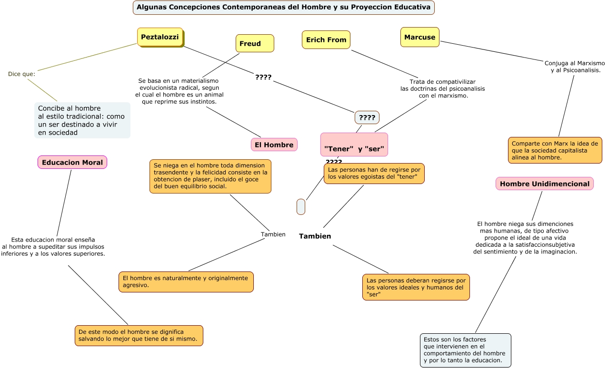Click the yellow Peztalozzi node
click(x=160, y=37)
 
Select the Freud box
click(x=255, y=43)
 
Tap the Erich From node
click(x=326, y=40)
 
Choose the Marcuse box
click(x=419, y=37)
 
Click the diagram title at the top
click(x=283, y=7)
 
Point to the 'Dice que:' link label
click(x=21, y=74)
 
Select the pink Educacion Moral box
click(x=72, y=162)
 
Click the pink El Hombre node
click(x=274, y=145)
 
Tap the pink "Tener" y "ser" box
click(x=354, y=145)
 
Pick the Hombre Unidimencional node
click(x=544, y=184)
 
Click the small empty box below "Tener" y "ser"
click(x=301, y=207)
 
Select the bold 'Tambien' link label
click(x=315, y=236)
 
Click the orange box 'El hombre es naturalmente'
click(x=186, y=281)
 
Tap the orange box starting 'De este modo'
click(x=139, y=335)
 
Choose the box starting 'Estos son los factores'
click(x=465, y=350)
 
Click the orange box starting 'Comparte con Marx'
click(x=555, y=150)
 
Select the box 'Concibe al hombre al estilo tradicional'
click(x=82, y=120)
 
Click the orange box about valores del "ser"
click(x=416, y=287)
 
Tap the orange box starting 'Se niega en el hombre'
click(x=210, y=176)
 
